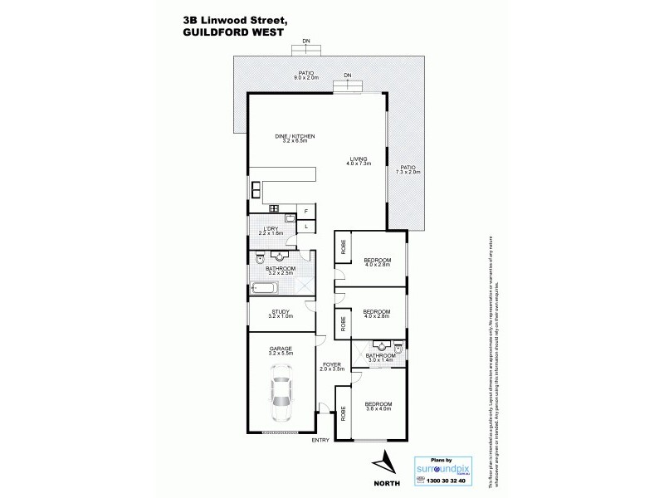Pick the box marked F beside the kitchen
click(305, 212)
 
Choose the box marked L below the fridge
click(305, 226)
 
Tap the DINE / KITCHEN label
click(295, 139)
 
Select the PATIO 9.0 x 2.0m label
click(307, 75)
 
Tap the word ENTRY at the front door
click(320, 440)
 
